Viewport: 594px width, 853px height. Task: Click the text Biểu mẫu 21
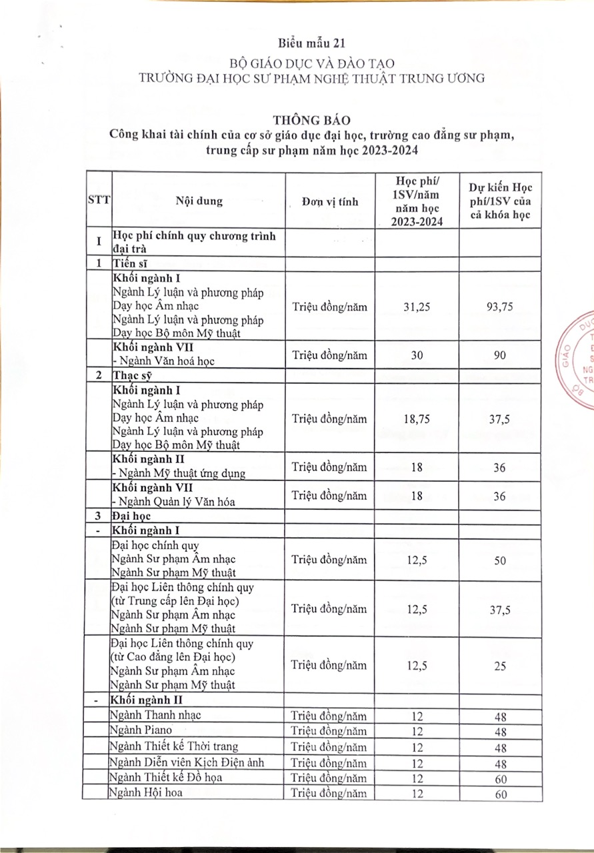(x=297, y=45)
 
